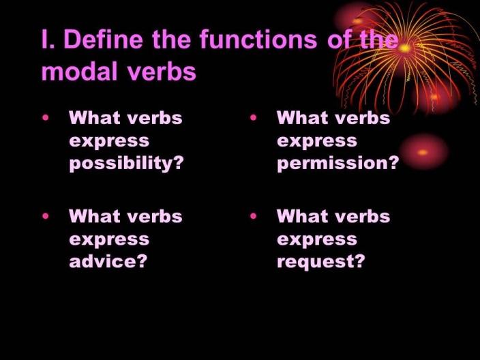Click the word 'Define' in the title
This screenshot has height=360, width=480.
point(103,39)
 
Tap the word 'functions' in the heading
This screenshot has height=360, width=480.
point(258,39)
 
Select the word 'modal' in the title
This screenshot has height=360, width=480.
point(80,72)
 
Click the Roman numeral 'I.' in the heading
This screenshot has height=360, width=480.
point(48,39)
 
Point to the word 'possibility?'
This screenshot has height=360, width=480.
point(126,163)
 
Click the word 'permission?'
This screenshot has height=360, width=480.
point(338,163)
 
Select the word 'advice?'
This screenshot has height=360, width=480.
point(108,261)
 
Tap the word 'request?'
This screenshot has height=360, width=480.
point(321,262)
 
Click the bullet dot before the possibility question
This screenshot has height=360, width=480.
point(46,117)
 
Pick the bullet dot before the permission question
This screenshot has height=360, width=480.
point(253,117)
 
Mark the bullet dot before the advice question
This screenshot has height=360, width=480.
point(46,216)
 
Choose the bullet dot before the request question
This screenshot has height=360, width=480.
point(253,216)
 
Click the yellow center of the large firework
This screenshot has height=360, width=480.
point(405,48)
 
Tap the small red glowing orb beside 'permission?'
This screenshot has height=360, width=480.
point(423,152)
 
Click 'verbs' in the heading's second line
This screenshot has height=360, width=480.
point(162,72)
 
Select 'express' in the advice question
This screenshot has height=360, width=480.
point(109,240)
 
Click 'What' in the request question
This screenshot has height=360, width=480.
point(303,216)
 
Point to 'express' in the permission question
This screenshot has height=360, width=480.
point(317,142)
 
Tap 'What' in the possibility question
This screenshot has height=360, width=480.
point(95,117)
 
